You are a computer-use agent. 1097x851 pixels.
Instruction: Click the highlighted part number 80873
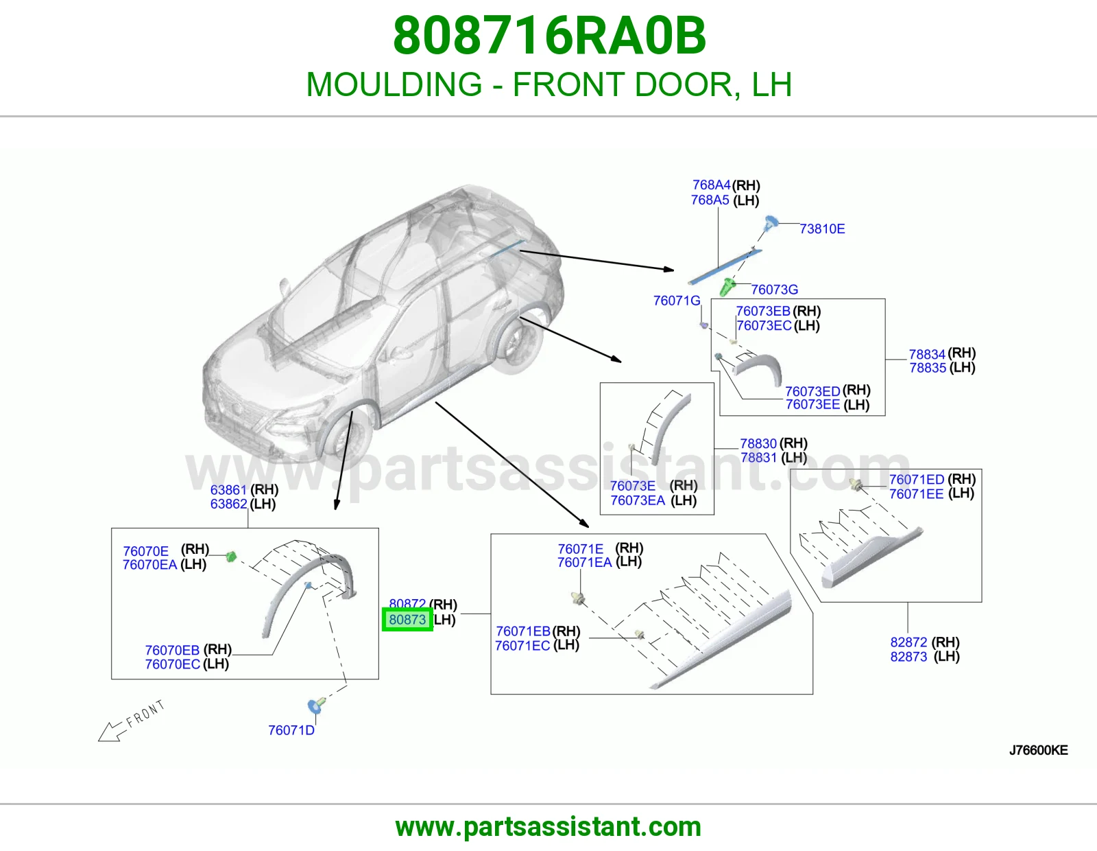(x=407, y=620)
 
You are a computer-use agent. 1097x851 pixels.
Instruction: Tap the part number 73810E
(x=822, y=229)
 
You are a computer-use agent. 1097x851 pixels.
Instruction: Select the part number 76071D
(x=291, y=730)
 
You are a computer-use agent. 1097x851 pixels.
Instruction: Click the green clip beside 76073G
(x=727, y=287)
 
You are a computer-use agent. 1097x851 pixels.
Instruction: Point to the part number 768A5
(x=710, y=200)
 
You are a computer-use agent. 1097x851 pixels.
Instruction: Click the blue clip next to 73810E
(x=771, y=223)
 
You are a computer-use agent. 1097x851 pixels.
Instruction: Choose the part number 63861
(x=229, y=490)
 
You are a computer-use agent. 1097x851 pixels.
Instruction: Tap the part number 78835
(x=928, y=367)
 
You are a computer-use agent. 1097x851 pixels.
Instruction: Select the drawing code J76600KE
(x=1039, y=750)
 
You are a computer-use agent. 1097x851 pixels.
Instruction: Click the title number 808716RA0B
(x=549, y=36)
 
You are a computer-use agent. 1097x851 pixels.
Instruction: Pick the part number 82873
(x=908, y=657)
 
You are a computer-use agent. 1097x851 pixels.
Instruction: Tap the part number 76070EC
(x=173, y=664)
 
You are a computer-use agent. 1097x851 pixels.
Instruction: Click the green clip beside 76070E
(x=231, y=557)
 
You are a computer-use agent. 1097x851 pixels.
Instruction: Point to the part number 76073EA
(x=638, y=500)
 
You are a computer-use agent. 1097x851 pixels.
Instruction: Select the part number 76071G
(x=677, y=301)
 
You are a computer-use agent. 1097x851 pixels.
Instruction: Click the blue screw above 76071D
(x=316, y=705)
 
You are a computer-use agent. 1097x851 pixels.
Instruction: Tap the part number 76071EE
(x=916, y=493)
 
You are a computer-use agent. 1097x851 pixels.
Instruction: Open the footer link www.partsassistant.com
(x=548, y=827)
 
